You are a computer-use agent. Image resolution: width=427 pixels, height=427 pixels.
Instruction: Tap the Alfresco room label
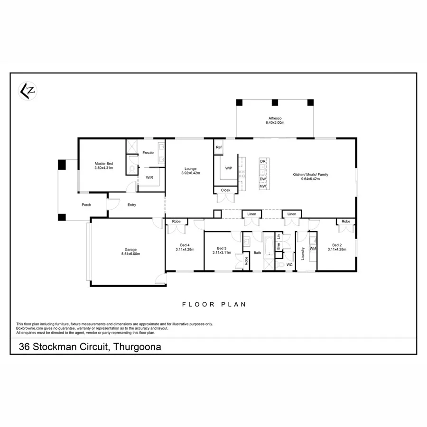(x=275, y=118)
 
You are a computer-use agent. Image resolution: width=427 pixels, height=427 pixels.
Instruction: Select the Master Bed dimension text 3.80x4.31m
(x=103, y=168)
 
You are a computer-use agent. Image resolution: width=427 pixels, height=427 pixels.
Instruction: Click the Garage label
(x=130, y=250)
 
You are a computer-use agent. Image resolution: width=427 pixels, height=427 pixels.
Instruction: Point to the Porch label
(x=86, y=205)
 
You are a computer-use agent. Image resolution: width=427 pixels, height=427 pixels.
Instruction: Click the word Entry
(x=132, y=205)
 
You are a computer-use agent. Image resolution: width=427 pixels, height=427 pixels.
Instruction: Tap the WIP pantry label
(x=228, y=168)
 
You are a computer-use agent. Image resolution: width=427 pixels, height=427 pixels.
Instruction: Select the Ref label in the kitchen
(x=219, y=148)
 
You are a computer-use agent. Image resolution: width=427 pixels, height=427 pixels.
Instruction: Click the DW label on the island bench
(x=262, y=179)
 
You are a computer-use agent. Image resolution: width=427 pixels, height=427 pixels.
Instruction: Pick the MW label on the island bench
(x=262, y=186)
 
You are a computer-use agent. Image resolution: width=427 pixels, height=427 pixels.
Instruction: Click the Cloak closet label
(x=225, y=190)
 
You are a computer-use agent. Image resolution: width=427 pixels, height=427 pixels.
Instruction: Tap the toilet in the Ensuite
(x=132, y=168)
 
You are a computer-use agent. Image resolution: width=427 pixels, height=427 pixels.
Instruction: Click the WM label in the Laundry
(x=313, y=248)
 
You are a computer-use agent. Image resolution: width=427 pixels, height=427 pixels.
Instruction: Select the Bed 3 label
(x=222, y=248)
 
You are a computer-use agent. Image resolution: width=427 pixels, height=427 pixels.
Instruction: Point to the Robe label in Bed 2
(x=346, y=222)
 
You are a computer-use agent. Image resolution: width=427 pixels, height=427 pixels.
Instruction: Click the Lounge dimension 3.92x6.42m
(x=191, y=173)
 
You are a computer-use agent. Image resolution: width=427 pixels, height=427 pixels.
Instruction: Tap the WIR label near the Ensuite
(x=149, y=178)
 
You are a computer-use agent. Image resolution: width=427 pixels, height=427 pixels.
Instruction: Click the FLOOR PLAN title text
(x=214, y=305)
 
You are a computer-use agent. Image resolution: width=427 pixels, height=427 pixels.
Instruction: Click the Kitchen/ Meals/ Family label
(x=310, y=175)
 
